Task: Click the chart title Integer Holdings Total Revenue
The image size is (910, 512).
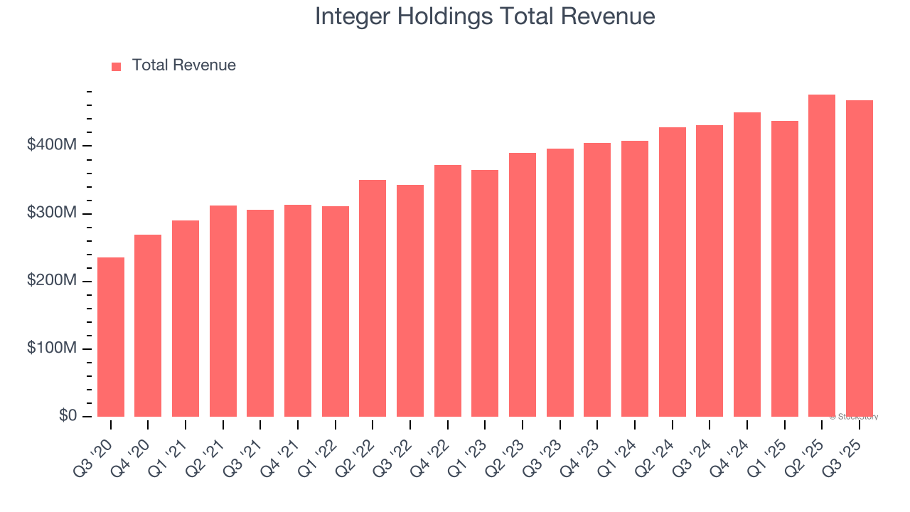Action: click(x=485, y=16)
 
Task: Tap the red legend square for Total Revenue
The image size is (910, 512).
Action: click(x=117, y=66)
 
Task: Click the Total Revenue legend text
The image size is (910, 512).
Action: click(x=183, y=65)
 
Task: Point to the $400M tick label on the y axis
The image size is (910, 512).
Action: click(x=52, y=146)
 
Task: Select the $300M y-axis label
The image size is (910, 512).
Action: click(x=52, y=213)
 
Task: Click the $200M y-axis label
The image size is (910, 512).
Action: click(x=52, y=281)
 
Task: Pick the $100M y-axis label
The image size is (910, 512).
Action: click(x=52, y=348)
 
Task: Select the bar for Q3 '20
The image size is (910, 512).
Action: click(x=111, y=337)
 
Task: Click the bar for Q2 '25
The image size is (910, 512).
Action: click(x=822, y=256)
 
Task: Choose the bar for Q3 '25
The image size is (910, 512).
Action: click(x=860, y=259)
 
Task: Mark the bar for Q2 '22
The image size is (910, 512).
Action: click(x=373, y=299)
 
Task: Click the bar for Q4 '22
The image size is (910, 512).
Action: click(x=448, y=291)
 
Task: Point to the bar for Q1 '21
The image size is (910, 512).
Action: click(x=186, y=319)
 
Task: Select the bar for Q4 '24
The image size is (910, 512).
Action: click(x=747, y=265)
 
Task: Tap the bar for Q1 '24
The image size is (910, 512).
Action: click(x=635, y=279)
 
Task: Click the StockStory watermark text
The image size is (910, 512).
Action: click(x=854, y=417)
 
